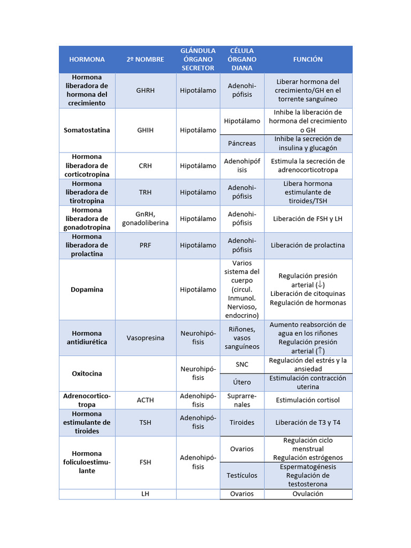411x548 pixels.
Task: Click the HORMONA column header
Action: [x=87, y=59]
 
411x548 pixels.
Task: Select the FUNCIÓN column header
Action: [x=308, y=59]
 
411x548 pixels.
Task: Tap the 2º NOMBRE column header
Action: [x=145, y=59]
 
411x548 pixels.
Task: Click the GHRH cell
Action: [x=145, y=90]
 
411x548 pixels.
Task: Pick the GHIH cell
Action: [x=145, y=130]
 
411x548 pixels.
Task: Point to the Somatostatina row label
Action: [x=87, y=130]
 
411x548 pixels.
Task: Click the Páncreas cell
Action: [x=242, y=143]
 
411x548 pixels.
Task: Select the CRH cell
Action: [x=145, y=166]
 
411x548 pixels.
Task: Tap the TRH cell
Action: [x=145, y=192]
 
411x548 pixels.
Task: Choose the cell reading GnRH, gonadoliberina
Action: [x=145, y=218]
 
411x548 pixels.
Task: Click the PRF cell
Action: [x=145, y=245]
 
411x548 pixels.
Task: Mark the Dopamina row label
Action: [x=87, y=290]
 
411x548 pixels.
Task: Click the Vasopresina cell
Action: [x=145, y=338]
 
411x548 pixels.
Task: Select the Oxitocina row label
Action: [x=87, y=374]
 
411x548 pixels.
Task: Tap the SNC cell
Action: [x=242, y=364]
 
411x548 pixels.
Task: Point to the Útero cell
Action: [x=242, y=382]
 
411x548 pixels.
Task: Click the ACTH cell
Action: [x=145, y=400]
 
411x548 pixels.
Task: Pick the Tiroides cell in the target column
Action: [x=242, y=422]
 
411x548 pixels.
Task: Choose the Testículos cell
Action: [x=242, y=475]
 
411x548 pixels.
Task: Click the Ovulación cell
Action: [x=308, y=494]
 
